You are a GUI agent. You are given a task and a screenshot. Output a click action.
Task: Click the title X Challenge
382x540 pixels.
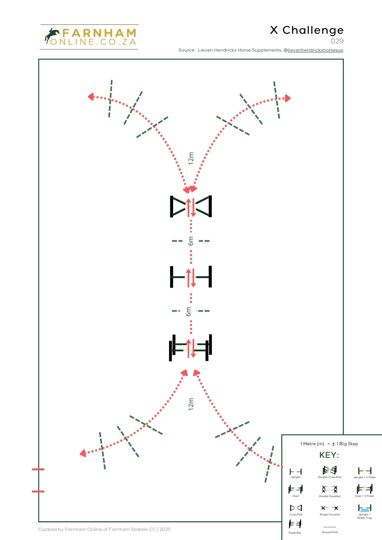click(307, 31)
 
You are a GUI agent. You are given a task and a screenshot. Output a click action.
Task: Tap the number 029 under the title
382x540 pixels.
click(337, 41)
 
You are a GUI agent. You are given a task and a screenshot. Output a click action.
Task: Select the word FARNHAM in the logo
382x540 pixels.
click(99, 33)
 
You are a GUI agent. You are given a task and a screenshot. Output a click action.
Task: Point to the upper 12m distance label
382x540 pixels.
click(191, 158)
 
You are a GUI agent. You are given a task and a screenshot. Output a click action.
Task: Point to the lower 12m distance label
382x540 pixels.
click(191, 404)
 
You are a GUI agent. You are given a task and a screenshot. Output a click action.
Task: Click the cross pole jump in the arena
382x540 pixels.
click(191, 207)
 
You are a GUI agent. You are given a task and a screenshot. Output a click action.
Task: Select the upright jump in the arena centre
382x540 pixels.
click(191, 277)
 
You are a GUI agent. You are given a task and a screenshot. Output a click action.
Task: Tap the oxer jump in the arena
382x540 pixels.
click(190, 347)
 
